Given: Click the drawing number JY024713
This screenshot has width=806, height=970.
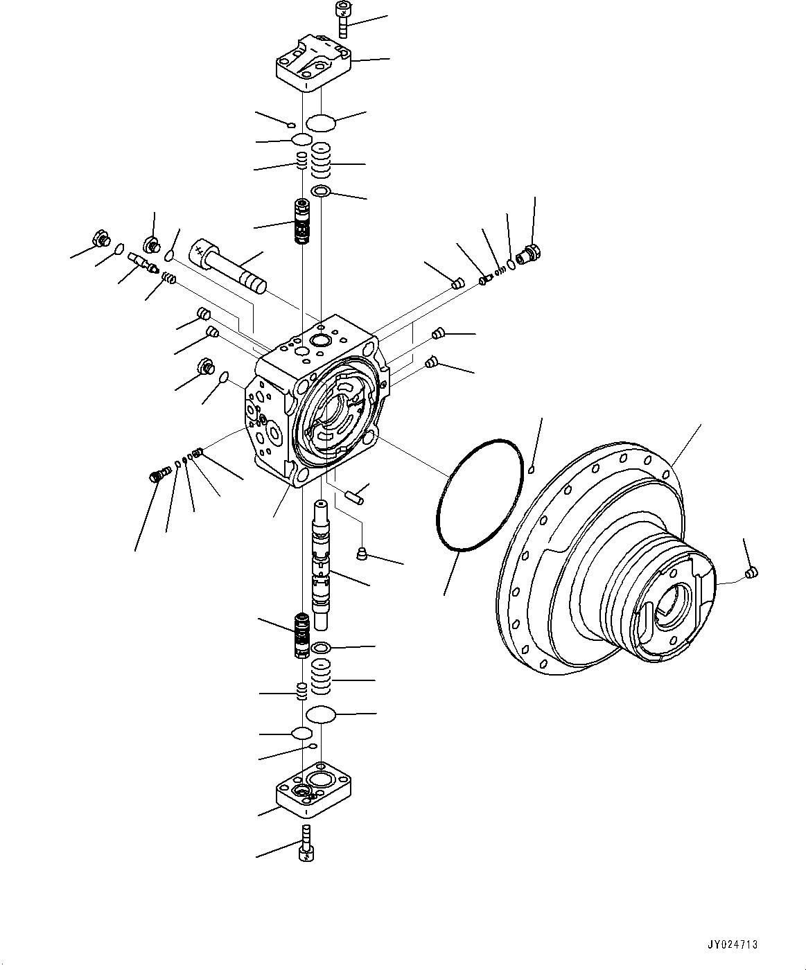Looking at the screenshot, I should pyautogui.click(x=733, y=944).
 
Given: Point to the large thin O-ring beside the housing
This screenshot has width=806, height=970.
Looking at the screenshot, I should pyautogui.click(x=479, y=495).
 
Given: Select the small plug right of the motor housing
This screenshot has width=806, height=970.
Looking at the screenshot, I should pyautogui.click(x=752, y=572).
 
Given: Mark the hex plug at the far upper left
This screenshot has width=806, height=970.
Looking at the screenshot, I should pyautogui.click(x=100, y=240).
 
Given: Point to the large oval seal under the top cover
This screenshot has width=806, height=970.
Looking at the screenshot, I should pyautogui.click(x=321, y=123).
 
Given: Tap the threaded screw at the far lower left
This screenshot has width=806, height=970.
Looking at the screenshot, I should pyautogui.click(x=159, y=475).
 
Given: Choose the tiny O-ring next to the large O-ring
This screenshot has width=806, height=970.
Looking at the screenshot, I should pyautogui.click(x=531, y=470).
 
